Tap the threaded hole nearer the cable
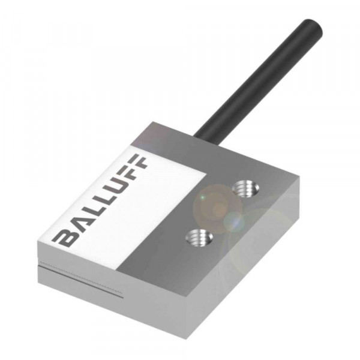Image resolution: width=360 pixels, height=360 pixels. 245,188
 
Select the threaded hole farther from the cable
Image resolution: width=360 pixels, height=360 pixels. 199,237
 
